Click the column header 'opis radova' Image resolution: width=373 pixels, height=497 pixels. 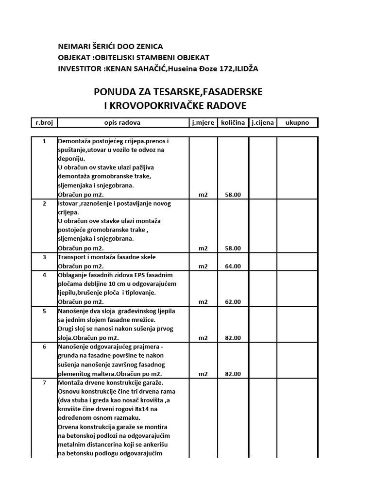click(x=122, y=123)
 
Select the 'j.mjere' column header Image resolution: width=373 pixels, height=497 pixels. click(x=203, y=123)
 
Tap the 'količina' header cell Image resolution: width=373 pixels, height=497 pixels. click(x=233, y=123)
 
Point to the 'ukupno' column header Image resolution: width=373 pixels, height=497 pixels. click(x=297, y=123)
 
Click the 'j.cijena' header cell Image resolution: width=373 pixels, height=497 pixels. click(x=262, y=123)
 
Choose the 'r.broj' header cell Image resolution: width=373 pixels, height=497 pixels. click(x=44, y=123)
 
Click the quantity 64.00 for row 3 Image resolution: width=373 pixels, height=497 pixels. click(x=233, y=266)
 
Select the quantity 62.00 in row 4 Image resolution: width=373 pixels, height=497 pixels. click(x=233, y=302)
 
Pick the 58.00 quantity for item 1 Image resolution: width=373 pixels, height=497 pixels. click(x=233, y=195)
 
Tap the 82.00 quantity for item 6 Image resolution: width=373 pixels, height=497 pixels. click(x=233, y=374)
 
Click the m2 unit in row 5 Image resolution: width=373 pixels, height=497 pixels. click(x=203, y=338)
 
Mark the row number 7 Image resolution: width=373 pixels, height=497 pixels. click(x=44, y=382)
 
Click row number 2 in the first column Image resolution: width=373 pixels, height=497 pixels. click(x=44, y=203)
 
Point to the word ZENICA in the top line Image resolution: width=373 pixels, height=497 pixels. click(x=148, y=47)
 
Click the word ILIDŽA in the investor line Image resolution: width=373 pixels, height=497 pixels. click(x=246, y=69)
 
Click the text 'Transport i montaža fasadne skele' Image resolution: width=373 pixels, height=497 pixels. click(x=107, y=257)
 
